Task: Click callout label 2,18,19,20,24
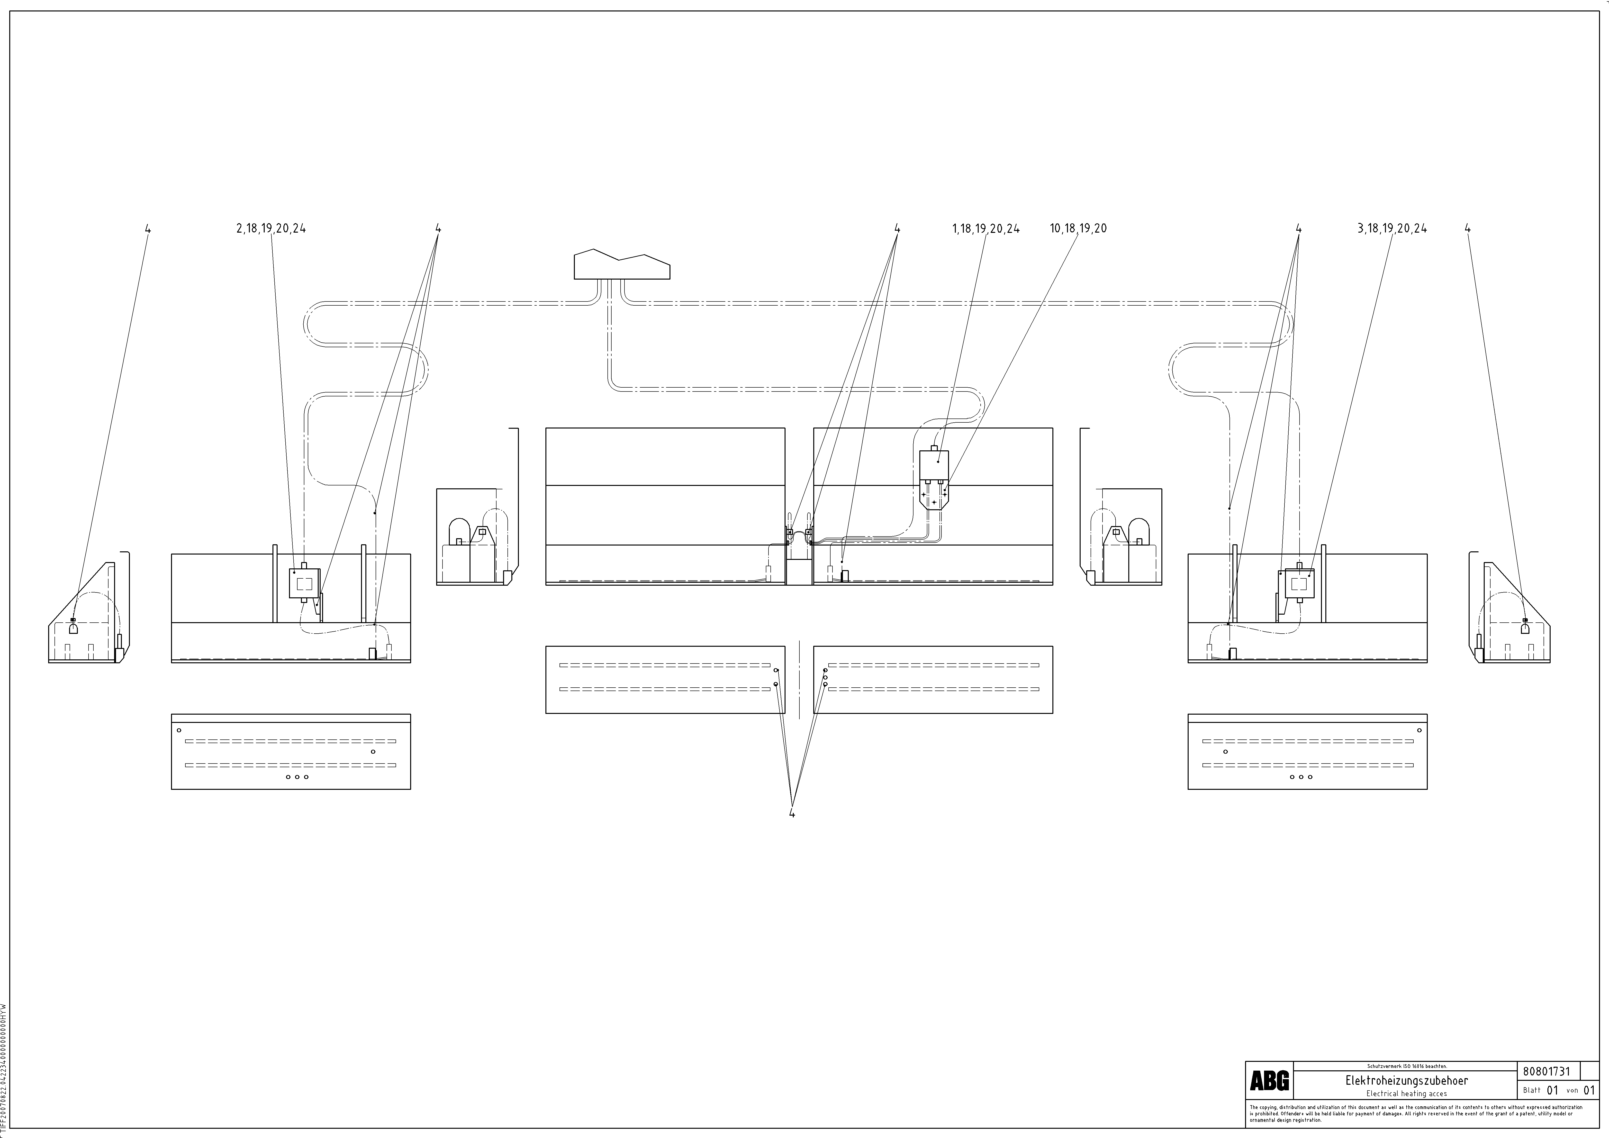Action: point(271,228)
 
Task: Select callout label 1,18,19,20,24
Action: point(986,228)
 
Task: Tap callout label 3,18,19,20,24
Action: point(1392,228)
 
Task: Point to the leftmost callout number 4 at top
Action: point(148,228)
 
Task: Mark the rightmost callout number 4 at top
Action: point(1467,228)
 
